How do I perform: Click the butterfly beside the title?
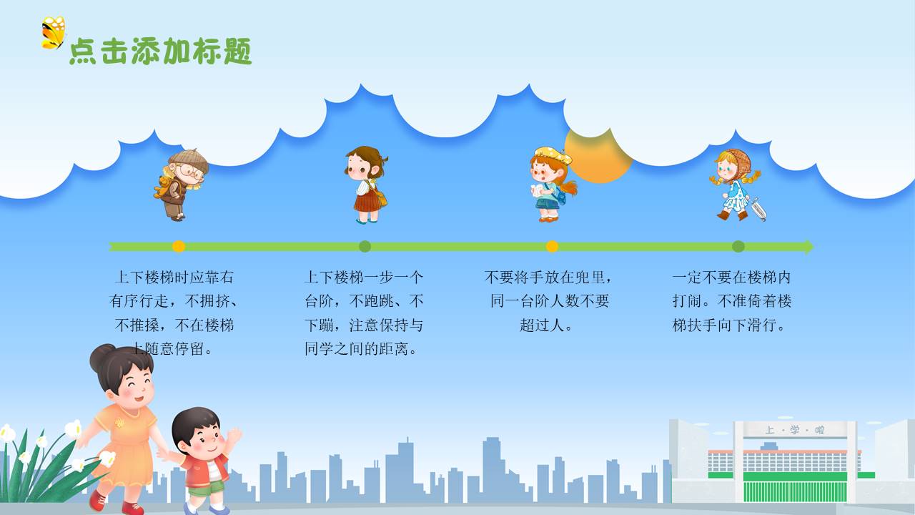point(53,33)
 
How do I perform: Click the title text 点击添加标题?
point(161,51)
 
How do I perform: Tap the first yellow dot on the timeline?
point(179,247)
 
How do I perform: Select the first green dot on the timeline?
point(365,247)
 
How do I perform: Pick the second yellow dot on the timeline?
point(552,247)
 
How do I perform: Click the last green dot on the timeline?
point(738,247)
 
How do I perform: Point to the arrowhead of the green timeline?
point(809,247)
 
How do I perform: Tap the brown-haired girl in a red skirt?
point(367,185)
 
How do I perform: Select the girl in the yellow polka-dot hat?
point(553,185)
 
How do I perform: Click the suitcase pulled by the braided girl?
point(758,210)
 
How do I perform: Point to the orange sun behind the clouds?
point(598,156)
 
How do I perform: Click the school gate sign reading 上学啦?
point(794,430)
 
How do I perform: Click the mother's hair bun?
point(101,356)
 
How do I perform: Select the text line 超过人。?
point(545,325)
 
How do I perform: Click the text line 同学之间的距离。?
point(361,349)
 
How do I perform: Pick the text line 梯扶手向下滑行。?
point(728,325)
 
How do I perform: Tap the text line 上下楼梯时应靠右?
point(174,278)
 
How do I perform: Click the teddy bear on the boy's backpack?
point(164,187)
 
